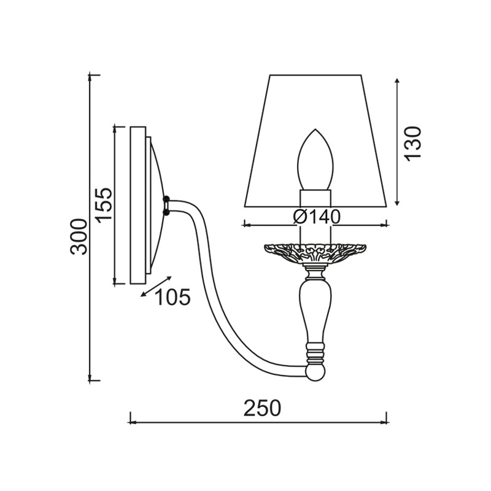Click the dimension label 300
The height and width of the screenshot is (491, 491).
point(79,236)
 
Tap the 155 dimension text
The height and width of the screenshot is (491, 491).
point(104,205)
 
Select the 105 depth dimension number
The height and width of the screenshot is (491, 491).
point(172,296)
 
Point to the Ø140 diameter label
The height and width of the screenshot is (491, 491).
point(317,217)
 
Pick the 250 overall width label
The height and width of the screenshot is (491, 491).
point(263,408)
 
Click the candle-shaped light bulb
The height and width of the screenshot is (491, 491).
point(315,159)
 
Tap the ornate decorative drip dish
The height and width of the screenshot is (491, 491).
point(315,253)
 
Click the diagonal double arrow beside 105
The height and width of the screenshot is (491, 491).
point(156,286)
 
